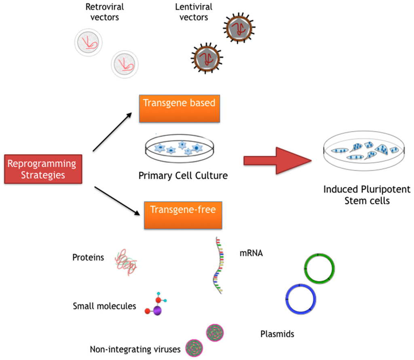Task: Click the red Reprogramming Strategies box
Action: coord(42,169)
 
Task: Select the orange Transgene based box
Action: coord(179,108)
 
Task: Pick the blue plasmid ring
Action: coord(300,299)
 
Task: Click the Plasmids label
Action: coord(277,334)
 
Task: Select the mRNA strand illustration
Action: coord(218,265)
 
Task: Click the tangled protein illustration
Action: coord(126,263)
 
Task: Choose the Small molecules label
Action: coord(104,306)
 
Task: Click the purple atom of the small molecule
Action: coord(157,310)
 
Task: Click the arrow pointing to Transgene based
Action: coord(113,132)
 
